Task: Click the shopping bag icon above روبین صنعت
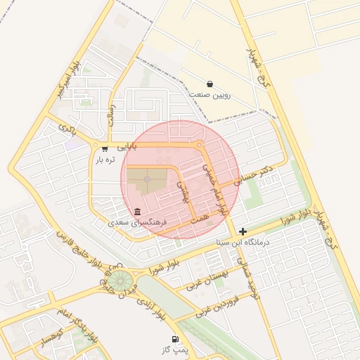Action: pos(210,84)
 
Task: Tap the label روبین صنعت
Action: pos(210,95)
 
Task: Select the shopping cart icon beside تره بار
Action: pos(105,148)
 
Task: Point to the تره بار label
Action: pos(105,160)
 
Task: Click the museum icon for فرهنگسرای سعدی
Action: pos(136,212)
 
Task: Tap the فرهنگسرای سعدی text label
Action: pos(137,222)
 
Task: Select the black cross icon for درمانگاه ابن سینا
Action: pos(243,231)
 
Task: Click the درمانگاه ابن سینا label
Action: pos(243,243)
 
